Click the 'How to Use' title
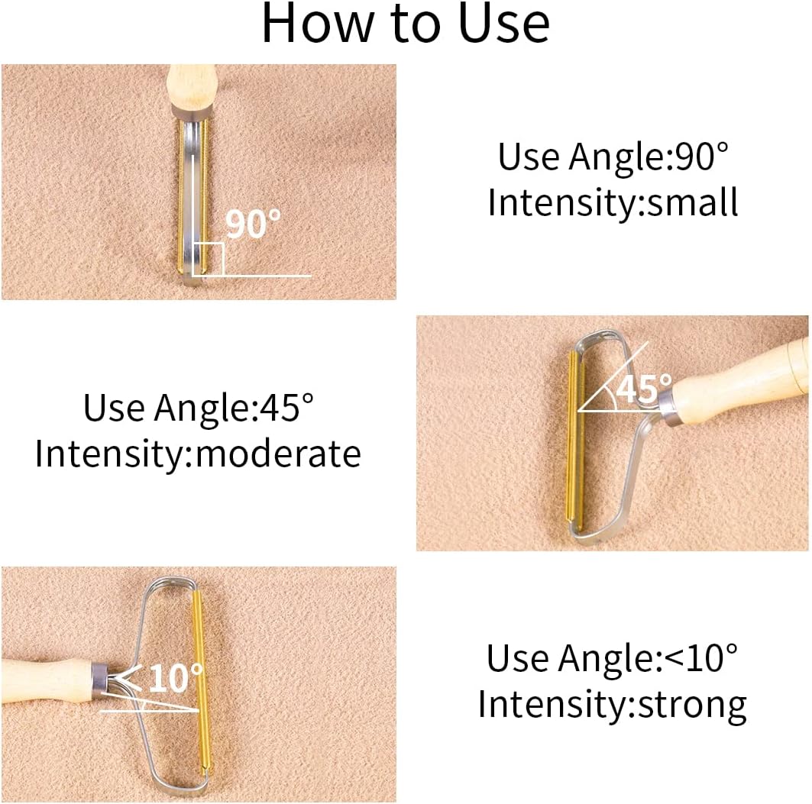[406, 23]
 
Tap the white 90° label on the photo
[253, 223]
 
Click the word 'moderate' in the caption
[278, 454]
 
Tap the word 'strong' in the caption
[692, 705]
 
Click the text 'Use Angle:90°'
[613, 156]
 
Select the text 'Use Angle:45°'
[199, 408]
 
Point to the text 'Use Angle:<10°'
[612, 658]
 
